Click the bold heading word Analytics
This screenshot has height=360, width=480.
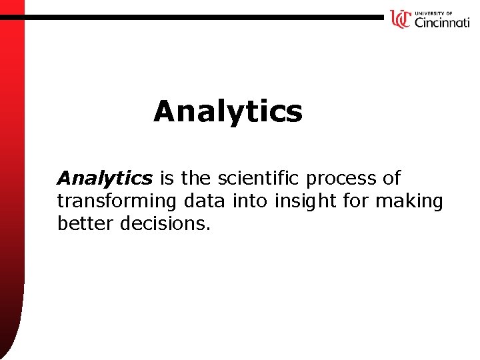pos(227,111)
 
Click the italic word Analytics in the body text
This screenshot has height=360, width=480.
pos(105,179)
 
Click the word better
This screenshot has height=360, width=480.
pos(86,223)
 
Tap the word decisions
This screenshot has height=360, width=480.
pos(165,223)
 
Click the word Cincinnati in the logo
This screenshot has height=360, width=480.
pos(441,23)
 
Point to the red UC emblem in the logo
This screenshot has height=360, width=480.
pos(400,19)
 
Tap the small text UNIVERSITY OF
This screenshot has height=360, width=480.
pos(433,13)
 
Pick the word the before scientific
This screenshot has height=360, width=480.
pos(196,178)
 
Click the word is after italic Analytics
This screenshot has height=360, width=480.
pos(167,178)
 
